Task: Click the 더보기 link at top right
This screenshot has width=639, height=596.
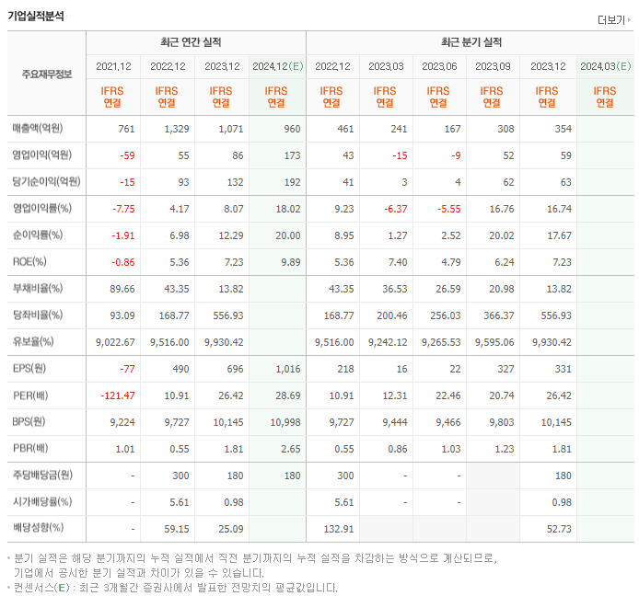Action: tap(612, 19)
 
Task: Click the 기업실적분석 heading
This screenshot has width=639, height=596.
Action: tap(36, 16)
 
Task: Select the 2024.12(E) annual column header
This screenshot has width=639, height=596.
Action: tap(277, 66)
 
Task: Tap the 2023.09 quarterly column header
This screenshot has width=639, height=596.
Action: tap(493, 66)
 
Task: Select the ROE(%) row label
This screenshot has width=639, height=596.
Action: tap(29, 261)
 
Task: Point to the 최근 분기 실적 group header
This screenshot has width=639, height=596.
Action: tap(471, 42)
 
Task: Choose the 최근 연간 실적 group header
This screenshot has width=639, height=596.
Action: tap(196, 42)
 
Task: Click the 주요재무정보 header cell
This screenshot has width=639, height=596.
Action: tap(46, 74)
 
